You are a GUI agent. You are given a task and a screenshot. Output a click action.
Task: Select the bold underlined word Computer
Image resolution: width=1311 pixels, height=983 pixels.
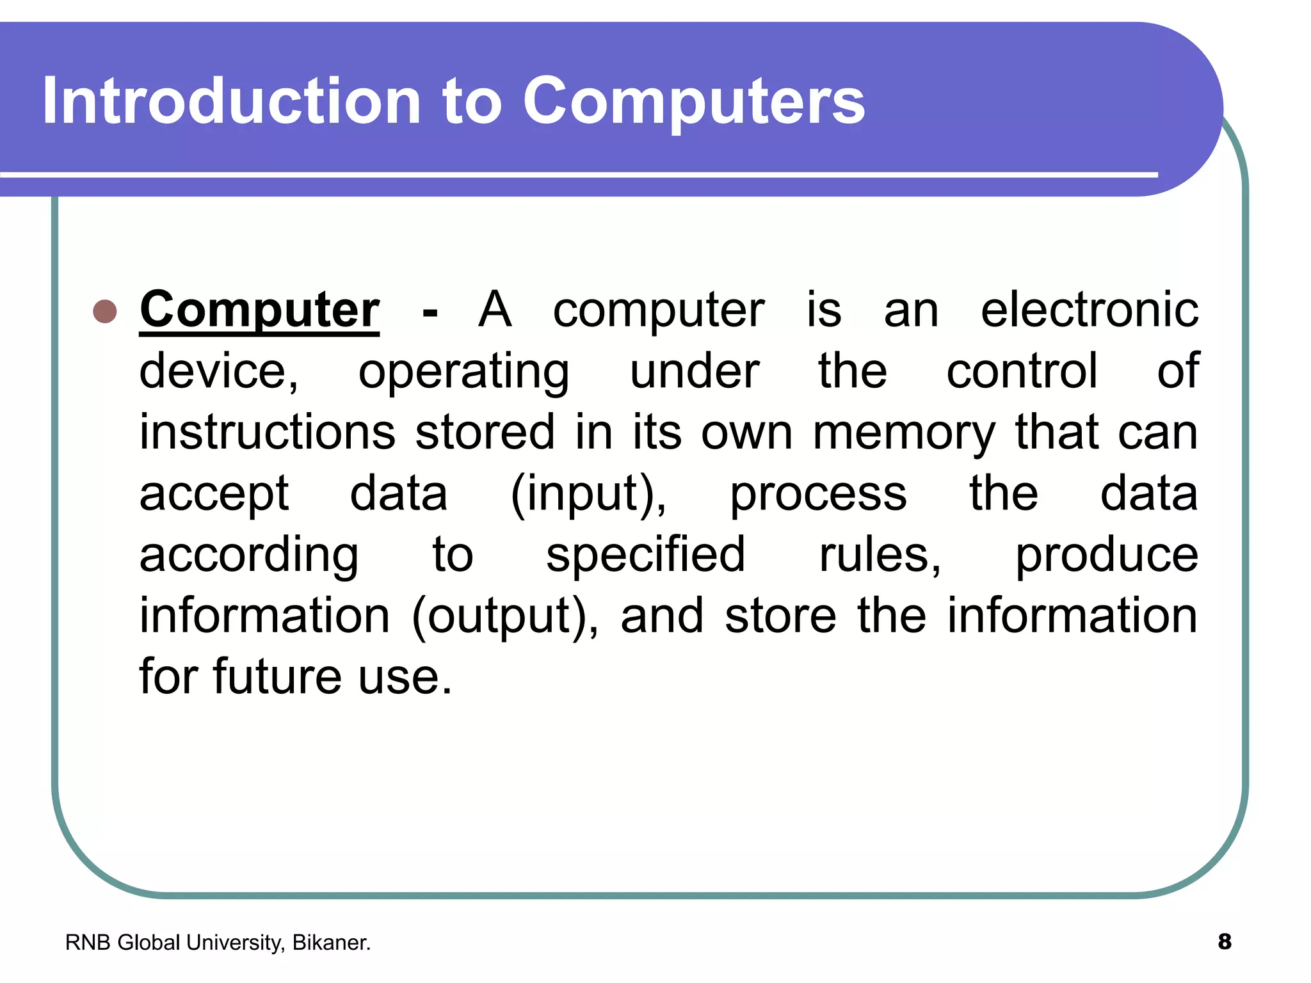259,310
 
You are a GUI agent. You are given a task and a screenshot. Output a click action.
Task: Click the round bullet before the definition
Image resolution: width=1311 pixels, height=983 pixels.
105,312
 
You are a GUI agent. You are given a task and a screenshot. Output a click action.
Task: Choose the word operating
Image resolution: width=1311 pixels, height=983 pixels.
463,372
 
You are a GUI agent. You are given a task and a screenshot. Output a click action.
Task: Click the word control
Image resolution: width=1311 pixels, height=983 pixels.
1022,371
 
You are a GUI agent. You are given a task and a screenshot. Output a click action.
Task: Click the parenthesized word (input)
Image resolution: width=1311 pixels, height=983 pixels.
588,494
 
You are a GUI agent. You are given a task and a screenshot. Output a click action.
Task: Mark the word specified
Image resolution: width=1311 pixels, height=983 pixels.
645,555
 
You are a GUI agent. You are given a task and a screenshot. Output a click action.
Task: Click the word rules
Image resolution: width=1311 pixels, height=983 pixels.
879,555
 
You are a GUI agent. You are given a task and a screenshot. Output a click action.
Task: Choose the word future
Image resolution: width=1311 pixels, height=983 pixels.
277,676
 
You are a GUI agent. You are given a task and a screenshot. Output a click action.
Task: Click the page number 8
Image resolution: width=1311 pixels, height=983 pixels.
1224,942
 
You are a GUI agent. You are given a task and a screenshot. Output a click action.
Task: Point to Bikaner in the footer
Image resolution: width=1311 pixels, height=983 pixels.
331,943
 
